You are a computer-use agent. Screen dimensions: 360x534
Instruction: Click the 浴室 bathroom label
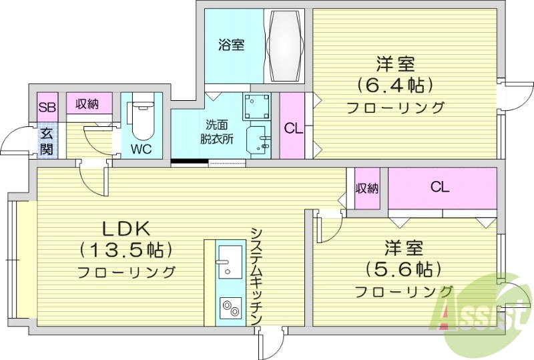(x=231, y=45)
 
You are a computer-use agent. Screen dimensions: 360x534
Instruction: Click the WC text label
(x=141, y=148)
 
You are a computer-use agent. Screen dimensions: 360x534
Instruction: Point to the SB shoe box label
(x=47, y=107)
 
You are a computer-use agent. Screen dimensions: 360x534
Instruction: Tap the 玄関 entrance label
(x=46, y=140)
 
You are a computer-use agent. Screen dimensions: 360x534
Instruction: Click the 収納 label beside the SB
(x=87, y=104)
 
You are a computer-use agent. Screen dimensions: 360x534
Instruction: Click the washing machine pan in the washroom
(x=257, y=107)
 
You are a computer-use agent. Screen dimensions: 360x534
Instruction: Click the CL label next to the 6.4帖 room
(x=292, y=128)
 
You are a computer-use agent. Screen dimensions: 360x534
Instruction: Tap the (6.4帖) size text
(x=395, y=85)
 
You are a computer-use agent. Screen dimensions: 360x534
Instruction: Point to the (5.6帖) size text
(x=403, y=269)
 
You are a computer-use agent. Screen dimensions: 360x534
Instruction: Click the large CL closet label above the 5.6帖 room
(x=439, y=187)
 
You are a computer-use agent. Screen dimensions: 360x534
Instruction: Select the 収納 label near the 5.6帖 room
(x=366, y=188)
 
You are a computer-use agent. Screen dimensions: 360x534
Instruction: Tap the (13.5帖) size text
(x=127, y=250)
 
